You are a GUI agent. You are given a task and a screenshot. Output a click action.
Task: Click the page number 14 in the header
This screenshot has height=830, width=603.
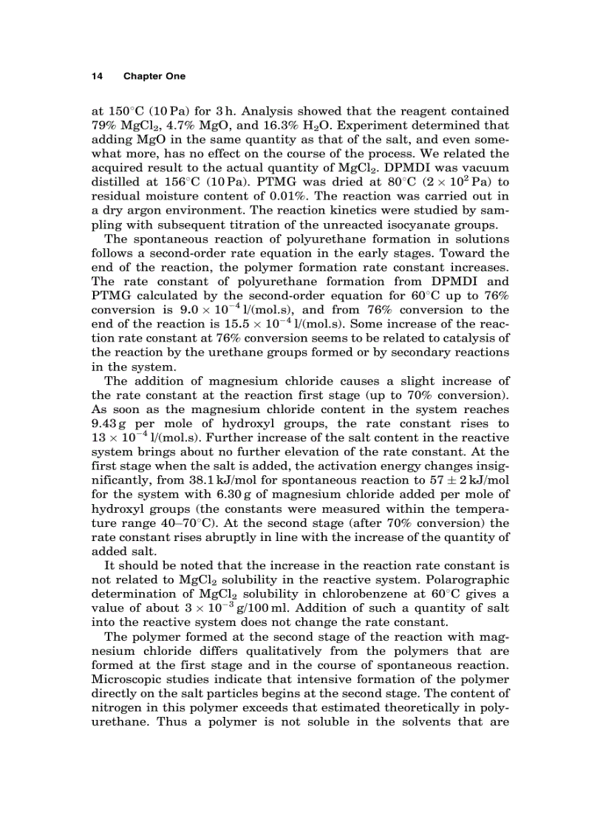pyautogui.click(x=96, y=76)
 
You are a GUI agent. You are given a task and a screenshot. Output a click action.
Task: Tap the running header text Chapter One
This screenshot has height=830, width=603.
pyautogui.click(x=154, y=76)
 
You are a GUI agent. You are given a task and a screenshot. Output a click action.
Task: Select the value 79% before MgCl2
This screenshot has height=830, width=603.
pyautogui.click(x=104, y=126)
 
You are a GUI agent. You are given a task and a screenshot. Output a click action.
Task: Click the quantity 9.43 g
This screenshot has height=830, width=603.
pyautogui.click(x=112, y=424)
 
